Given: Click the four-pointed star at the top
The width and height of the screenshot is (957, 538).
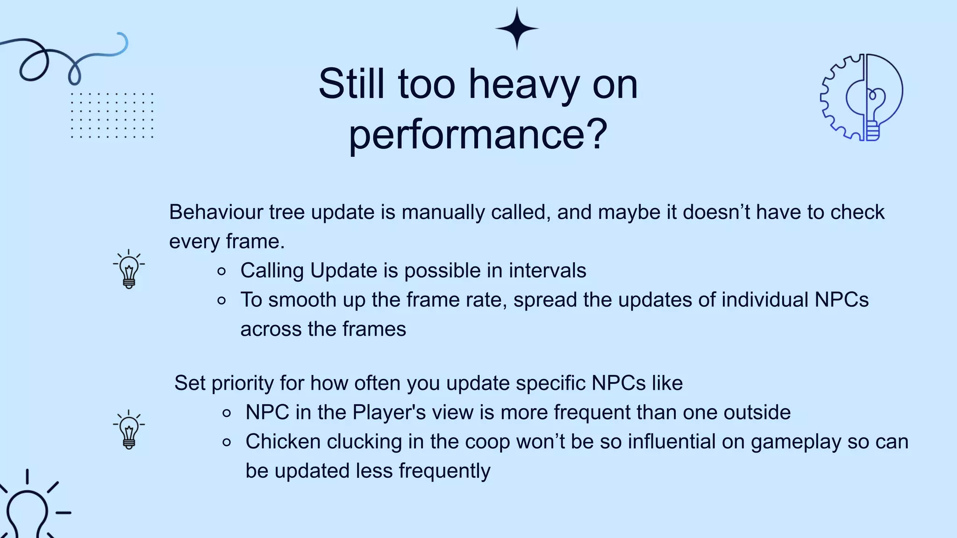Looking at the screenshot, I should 517,28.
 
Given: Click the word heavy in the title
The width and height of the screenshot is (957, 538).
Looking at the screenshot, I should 523,85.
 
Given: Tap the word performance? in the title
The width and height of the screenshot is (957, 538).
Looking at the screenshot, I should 478,134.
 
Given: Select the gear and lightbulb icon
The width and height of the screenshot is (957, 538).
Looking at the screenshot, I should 862,97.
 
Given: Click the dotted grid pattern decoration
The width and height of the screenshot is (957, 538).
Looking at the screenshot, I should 112,115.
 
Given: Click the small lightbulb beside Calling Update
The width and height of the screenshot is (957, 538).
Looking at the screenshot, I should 129,269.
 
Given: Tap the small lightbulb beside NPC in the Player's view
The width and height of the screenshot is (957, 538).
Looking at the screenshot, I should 129,430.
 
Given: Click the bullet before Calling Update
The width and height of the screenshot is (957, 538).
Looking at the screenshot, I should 222,271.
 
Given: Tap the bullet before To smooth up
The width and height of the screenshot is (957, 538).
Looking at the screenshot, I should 222,301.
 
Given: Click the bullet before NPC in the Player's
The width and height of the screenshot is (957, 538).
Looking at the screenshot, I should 227,413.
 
